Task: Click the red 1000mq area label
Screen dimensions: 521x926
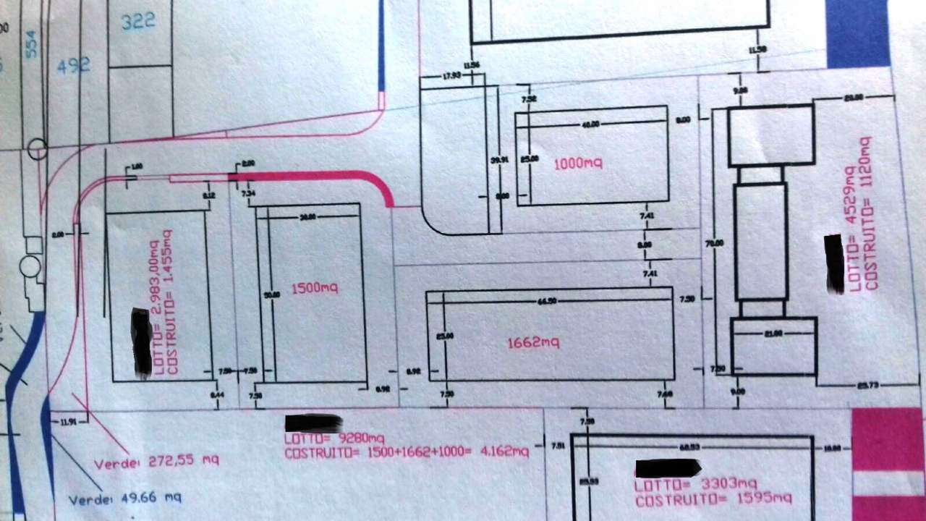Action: [578, 164]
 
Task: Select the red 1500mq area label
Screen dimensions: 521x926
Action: [315, 288]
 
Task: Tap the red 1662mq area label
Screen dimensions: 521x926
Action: [534, 342]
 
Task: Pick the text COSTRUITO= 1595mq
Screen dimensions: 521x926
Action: [713, 499]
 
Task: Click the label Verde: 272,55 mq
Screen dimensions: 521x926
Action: [156, 461]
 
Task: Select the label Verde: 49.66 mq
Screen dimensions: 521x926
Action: [124, 499]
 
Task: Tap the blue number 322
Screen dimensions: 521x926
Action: [137, 22]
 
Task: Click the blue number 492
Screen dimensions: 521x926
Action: [74, 65]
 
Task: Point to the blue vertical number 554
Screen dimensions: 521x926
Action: [31, 44]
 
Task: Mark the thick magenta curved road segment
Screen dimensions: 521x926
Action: [318, 178]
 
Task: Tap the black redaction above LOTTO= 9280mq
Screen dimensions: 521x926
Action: [313, 423]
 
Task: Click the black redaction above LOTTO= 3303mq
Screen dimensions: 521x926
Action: [668, 468]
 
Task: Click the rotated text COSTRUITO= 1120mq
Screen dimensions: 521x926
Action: [871, 213]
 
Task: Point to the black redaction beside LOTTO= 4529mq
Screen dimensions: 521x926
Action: [834, 263]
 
